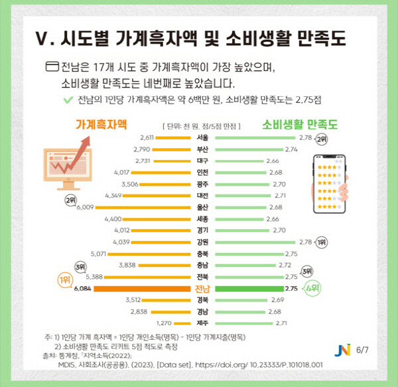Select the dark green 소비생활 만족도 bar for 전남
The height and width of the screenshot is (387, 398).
pyautogui.click(x=248, y=289)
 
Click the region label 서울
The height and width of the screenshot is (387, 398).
pyautogui.click(x=203, y=137)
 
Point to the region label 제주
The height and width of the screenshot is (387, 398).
pyautogui.click(x=203, y=323)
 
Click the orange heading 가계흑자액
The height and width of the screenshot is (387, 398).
pyautogui.click(x=100, y=123)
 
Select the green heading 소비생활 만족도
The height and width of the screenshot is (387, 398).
pyautogui.click(x=300, y=123)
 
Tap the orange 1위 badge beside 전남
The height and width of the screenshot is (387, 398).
pyautogui.click(x=65, y=280)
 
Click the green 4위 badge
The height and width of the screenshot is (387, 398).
pyautogui.click(x=312, y=289)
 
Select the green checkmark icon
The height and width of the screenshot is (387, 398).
pyautogui.click(x=66, y=100)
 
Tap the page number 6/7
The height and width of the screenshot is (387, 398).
pyautogui.click(x=362, y=350)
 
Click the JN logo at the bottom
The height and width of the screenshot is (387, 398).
pyautogui.click(x=343, y=349)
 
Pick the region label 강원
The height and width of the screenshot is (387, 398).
pyautogui.click(x=203, y=242)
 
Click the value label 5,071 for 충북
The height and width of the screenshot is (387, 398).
pyautogui.click(x=98, y=254)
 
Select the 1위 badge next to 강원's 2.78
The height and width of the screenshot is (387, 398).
pyautogui.click(x=322, y=242)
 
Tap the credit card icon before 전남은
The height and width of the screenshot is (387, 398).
pyautogui.click(x=52, y=67)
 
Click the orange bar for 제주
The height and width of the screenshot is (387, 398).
pyautogui.click(x=175, y=323)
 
